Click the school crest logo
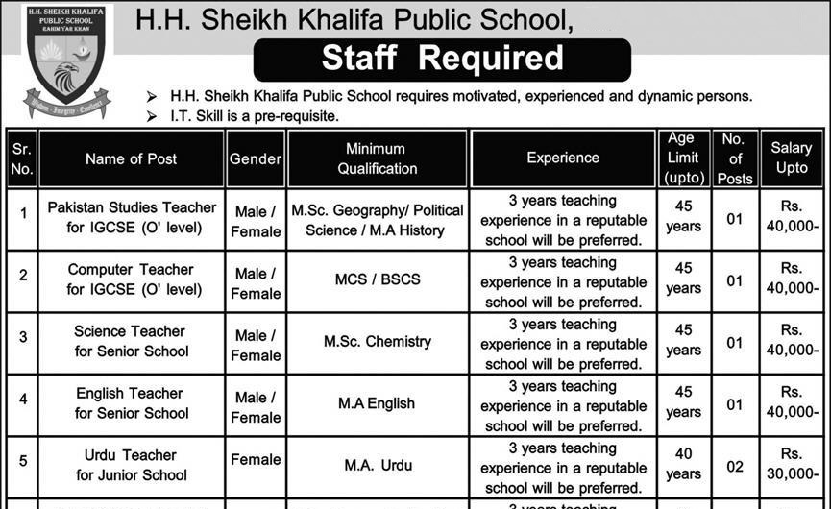tap(65, 62)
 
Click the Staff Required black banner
tap(442, 60)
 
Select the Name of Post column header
tap(131, 158)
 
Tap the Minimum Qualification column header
tap(377, 158)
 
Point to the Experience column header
tap(563, 158)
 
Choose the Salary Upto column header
tap(792, 158)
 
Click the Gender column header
tap(256, 158)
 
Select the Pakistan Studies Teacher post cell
tap(133, 219)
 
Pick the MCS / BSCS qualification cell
tap(377, 280)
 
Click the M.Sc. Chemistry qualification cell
tap(377, 342)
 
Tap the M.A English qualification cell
tap(377, 403)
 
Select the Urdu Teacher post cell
tap(133, 465)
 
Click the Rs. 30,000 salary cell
tap(792, 465)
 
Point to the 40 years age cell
tap(683, 465)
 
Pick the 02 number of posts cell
tap(735, 466)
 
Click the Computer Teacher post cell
tap(133, 279)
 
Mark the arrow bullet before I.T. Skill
tap(150, 116)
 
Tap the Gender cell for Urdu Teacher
tap(256, 460)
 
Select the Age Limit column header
tap(683, 158)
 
